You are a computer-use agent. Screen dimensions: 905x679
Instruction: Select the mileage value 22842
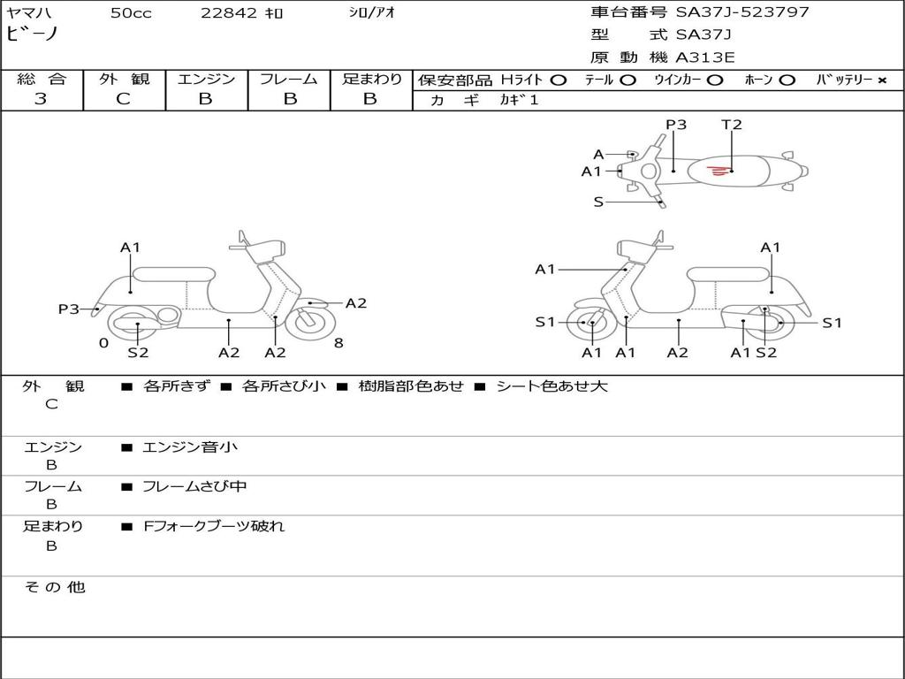229,13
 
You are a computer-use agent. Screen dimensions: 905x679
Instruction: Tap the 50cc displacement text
131,13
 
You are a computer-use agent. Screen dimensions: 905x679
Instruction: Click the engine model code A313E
704,58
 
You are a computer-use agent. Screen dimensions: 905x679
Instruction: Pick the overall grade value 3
41,99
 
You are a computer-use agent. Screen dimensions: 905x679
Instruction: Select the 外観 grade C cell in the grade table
123,99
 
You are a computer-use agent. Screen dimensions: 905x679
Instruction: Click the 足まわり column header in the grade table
371,80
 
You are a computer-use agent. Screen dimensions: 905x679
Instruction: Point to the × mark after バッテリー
881,80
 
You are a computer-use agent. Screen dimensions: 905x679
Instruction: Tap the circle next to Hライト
558,80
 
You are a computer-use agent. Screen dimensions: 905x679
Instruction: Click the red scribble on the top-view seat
719,169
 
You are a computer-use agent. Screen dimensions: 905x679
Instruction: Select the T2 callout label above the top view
732,125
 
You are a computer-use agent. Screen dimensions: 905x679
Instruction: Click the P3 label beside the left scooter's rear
69,309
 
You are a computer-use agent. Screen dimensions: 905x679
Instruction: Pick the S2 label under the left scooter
138,353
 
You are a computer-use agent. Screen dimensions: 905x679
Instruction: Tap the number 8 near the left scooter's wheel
338,343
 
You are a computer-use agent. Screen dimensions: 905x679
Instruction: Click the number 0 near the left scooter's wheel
103,343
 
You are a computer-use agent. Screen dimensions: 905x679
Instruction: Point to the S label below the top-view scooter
598,202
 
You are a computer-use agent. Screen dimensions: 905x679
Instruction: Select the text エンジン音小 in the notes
190,447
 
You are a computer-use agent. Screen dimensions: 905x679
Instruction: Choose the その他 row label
54,587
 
